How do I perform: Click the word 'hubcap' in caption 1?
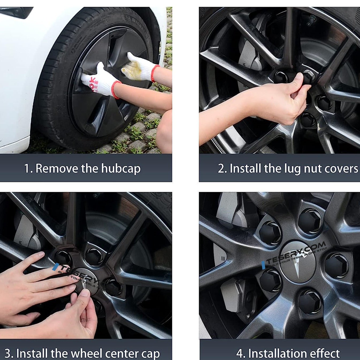121,169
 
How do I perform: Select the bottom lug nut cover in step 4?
310,302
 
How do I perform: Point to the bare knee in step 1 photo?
164,131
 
